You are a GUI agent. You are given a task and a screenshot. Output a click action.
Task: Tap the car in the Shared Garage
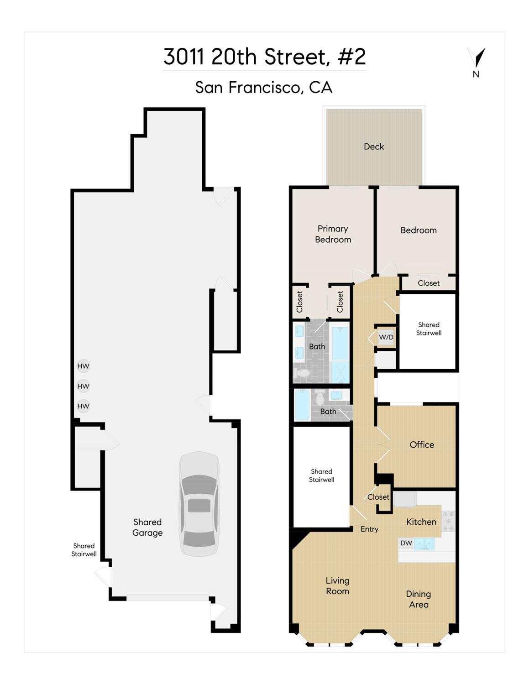tap(199, 504)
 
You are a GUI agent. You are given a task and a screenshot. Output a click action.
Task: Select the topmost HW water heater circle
tap(84, 366)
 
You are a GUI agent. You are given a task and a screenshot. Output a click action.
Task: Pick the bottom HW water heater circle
tap(84, 406)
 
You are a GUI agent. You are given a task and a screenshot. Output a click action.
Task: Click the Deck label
tap(374, 146)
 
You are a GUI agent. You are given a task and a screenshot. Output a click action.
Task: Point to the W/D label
tap(386, 337)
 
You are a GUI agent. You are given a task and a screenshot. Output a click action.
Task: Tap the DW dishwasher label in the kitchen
tap(406, 543)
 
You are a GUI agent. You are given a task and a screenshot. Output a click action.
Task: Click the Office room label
tap(422, 445)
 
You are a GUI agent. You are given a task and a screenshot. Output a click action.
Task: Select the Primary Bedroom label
tap(333, 234)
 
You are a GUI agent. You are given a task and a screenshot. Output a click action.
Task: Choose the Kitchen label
tap(421, 522)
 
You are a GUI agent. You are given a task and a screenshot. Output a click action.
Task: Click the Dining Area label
tap(419, 599)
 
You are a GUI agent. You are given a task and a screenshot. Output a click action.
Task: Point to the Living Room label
tap(338, 586)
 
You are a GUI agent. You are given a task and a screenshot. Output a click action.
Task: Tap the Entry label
tap(369, 529)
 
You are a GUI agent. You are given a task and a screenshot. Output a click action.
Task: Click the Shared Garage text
tap(147, 527)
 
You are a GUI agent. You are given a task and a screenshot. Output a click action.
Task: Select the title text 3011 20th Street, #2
tap(265, 57)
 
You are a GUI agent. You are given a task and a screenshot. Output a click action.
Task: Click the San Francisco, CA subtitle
tap(264, 87)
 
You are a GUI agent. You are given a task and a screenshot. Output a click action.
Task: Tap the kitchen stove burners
tap(448, 521)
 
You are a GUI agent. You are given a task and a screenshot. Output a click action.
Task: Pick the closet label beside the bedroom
tap(429, 283)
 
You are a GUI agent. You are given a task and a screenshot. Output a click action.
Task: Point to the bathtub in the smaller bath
tap(302, 404)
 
